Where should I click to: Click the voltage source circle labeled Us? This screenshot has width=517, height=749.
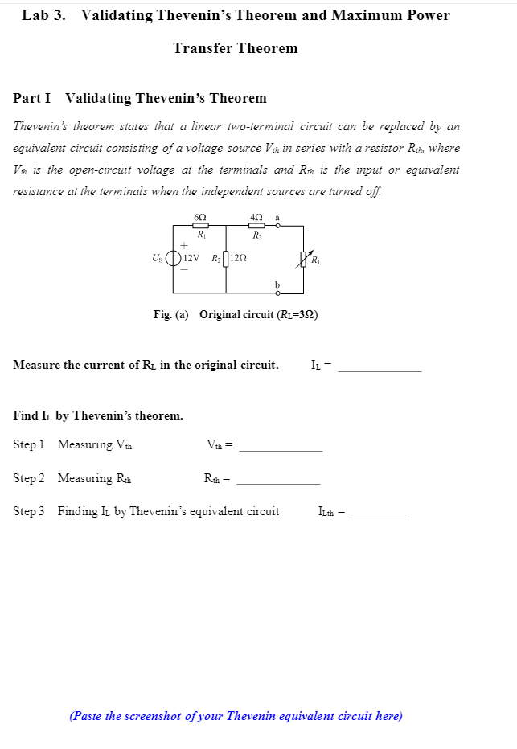pos(174,258)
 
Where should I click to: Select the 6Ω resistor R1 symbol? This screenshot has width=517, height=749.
pos(200,226)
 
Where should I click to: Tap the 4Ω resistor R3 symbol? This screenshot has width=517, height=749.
pos(256,226)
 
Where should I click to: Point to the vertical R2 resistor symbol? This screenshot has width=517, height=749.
pos(226,258)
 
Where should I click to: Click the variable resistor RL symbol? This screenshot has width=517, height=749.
pos(304,258)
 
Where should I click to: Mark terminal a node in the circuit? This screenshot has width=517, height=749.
pos(277,226)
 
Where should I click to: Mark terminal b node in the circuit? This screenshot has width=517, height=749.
pos(277,293)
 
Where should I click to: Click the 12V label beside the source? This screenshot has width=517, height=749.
pos(191,258)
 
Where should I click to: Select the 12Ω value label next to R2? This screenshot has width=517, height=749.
pos(239,258)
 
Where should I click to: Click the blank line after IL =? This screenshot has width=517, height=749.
pos(380,370)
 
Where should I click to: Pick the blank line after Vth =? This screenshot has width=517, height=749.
pos(281,449)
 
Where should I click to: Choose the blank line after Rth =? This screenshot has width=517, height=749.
pos(278,482)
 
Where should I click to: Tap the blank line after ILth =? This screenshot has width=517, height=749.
pos(380,516)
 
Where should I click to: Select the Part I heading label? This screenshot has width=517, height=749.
pos(32,98)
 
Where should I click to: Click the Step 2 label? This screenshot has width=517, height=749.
pos(29,478)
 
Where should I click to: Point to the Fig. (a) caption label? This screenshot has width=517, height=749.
pos(171,314)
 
